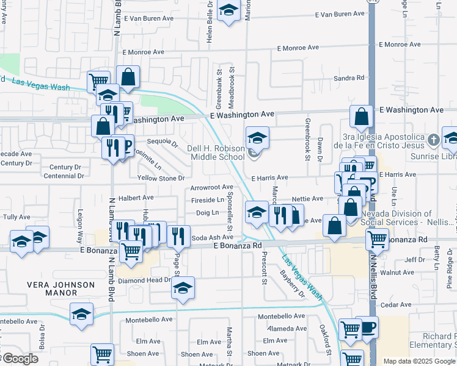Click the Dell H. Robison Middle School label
pyautogui.click(x=215, y=152)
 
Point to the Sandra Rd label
pyautogui.click(x=349, y=78)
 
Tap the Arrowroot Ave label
pyautogui.click(x=211, y=187)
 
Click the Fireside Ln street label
pyautogui.click(x=207, y=200)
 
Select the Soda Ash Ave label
pyautogui.click(x=213, y=237)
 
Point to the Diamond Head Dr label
pyautogui.click(x=145, y=280)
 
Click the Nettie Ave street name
pyautogui.click(x=307, y=199)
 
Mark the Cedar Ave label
pyautogui.click(x=396, y=304)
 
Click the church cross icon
pyautogui.click(x=433, y=140)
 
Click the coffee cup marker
pyautogui.click(x=367, y=327)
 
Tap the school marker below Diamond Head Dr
pyautogui.click(x=183, y=289)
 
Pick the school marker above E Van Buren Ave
pyautogui.click(x=228, y=11)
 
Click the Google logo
pyautogui.click(x=20, y=359)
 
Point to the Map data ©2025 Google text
pyautogui.click(x=419, y=361)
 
